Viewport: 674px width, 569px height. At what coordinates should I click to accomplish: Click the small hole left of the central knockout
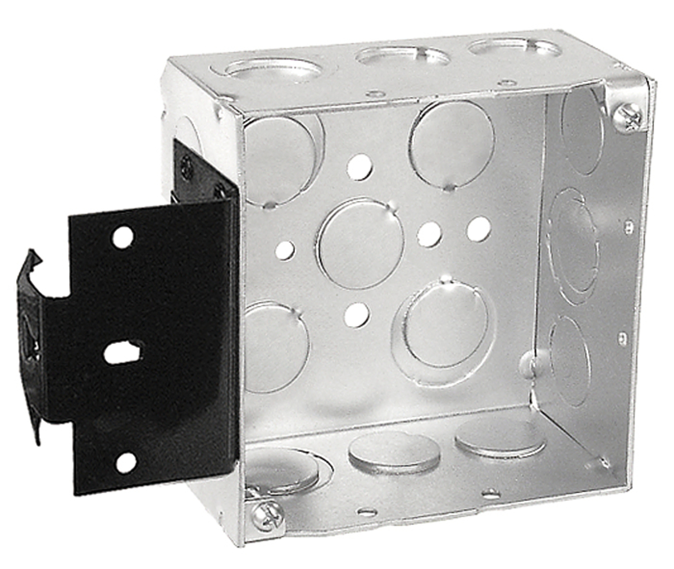[285, 250]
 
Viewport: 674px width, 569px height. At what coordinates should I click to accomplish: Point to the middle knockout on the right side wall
[572, 242]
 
